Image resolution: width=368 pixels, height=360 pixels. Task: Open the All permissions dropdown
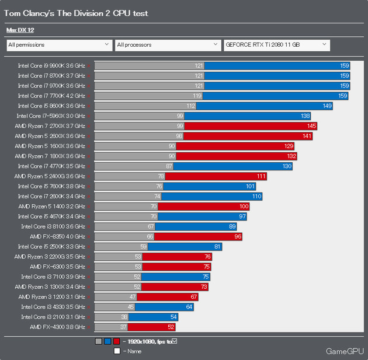tap(58, 44)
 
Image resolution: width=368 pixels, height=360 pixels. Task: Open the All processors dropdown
tap(167, 44)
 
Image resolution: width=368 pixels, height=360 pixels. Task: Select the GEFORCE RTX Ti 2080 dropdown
tap(276, 44)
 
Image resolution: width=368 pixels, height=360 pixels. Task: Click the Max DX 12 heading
tap(20, 29)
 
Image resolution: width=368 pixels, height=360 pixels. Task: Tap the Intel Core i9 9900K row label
tap(51, 65)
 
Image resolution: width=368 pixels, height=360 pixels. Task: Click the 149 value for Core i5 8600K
tap(327, 106)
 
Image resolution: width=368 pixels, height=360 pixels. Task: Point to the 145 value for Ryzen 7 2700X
tap(311, 126)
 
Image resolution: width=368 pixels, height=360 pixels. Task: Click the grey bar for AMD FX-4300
tap(110, 327)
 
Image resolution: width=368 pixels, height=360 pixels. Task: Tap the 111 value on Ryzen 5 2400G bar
tap(261, 176)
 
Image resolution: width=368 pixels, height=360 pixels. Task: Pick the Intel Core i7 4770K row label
tap(51, 166)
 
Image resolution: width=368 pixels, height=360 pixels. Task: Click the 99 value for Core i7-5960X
tap(180, 116)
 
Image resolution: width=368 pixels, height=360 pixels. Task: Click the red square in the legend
tap(117, 341)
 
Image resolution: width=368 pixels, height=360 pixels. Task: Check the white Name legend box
tap(117, 351)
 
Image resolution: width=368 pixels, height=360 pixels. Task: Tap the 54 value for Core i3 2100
tap(173, 317)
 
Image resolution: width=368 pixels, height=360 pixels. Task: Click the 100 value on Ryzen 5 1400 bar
tap(244, 207)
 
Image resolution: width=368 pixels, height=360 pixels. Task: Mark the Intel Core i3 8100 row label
tap(53, 226)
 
